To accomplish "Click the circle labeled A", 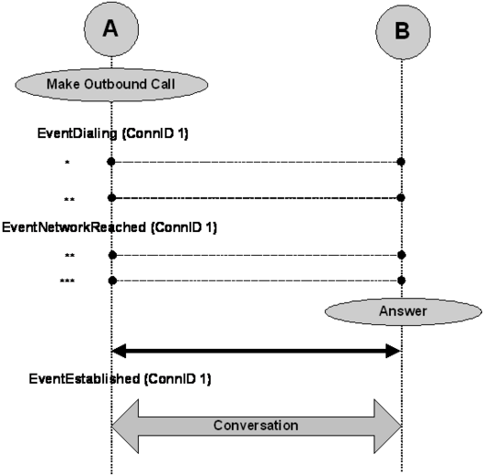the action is [111, 29].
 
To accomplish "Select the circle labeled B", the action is [403, 31].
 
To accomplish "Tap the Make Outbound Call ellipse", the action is [111, 85].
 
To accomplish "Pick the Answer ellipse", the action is [403, 311].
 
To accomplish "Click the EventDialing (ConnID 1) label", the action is [113, 133].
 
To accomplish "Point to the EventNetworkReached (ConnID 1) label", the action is [109, 227].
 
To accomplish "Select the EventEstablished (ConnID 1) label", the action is [120, 379].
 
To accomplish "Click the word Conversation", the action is [256, 425].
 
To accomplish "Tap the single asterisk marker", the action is [67, 162].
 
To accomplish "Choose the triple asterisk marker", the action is [67, 281].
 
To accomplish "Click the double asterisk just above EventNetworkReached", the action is [69, 200].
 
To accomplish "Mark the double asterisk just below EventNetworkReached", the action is [70, 256].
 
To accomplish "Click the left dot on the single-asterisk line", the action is [111, 161].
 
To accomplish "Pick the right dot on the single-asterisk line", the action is [401, 161].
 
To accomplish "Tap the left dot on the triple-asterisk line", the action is [112, 281].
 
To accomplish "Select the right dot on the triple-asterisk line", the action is [401, 281].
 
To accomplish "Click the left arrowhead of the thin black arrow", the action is [119, 351].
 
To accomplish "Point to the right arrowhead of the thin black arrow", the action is [394, 351].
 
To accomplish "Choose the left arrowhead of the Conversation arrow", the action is [125, 426].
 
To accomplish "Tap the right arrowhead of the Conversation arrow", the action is [388, 426].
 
